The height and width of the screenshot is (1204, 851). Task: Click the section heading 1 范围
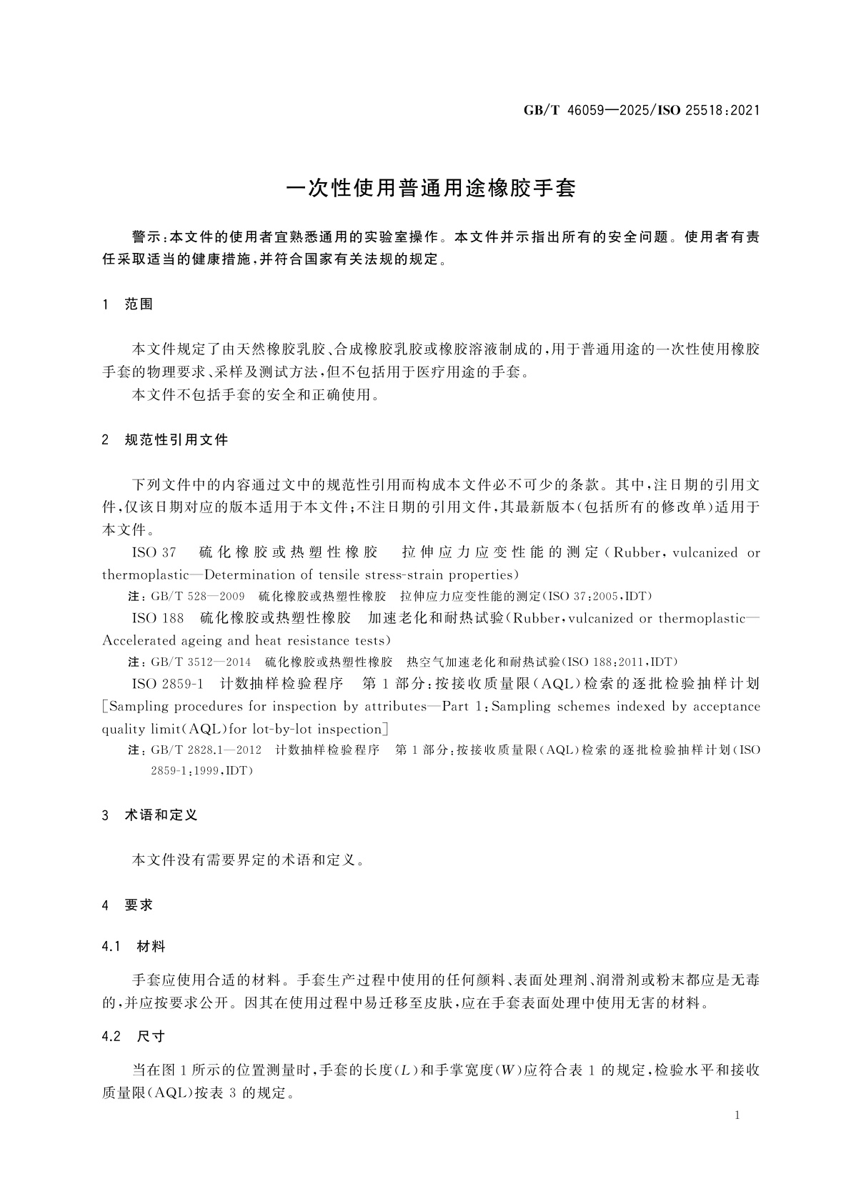(129, 304)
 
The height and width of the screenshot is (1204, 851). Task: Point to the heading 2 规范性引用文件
(166, 440)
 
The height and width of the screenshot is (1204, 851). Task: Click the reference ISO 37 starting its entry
(154, 552)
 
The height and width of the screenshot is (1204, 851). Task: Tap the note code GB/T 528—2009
(198, 596)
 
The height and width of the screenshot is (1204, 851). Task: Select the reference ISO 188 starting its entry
(158, 618)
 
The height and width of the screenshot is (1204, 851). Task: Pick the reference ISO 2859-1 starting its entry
(168, 684)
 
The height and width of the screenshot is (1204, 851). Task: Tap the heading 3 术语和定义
(151, 815)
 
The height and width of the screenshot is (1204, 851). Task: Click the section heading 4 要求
(129, 905)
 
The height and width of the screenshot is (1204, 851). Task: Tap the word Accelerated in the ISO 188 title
(139, 640)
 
